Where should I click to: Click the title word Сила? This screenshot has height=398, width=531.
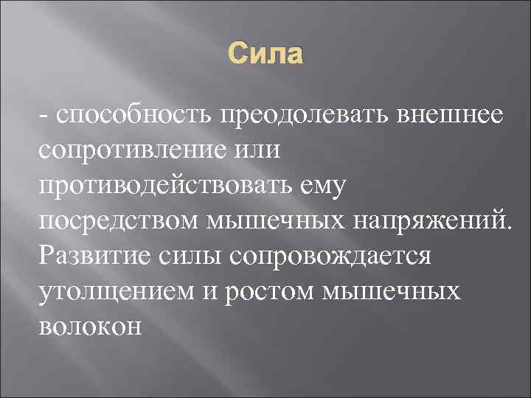coord(265,55)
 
